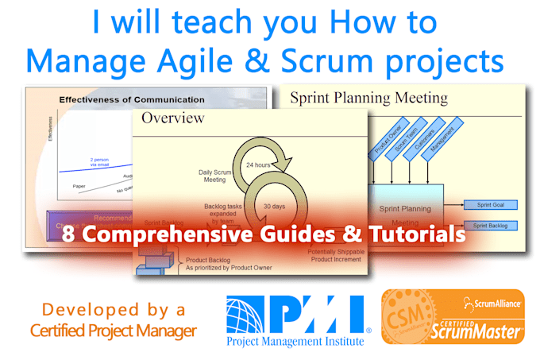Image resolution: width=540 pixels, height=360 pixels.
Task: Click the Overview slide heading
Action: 173,118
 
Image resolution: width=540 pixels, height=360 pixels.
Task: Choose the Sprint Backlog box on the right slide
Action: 489,225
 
